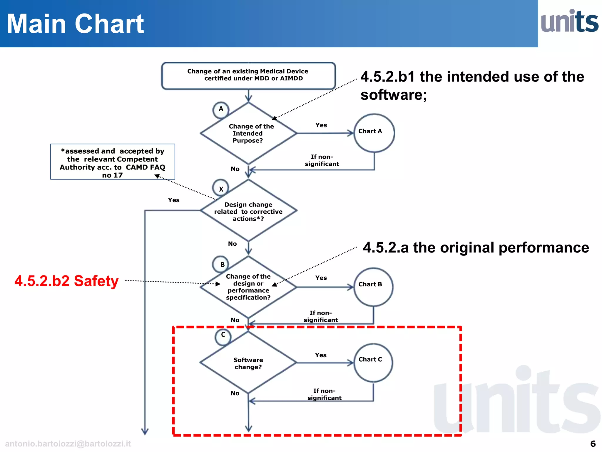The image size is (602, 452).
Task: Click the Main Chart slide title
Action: click(75, 24)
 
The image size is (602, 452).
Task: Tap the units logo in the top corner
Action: click(569, 21)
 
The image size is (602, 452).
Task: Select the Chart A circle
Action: click(374, 133)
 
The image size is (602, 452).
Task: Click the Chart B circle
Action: click(373, 287)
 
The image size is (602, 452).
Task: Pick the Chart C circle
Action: click(373, 363)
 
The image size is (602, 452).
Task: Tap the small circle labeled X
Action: click(221, 188)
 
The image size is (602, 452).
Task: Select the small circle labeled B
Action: click(221, 264)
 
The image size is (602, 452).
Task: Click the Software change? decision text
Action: click(248, 363)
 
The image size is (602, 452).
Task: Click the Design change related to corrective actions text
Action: click(248, 212)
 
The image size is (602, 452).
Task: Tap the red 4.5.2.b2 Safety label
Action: click(66, 281)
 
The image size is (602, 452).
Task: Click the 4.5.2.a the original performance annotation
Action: click(476, 247)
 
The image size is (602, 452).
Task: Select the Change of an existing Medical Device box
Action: click(248, 75)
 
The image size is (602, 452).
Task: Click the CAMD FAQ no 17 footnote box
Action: click(113, 162)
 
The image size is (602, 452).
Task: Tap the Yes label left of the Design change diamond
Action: click(173, 200)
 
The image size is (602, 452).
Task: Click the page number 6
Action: click(593, 443)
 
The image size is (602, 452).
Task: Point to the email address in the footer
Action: click(68, 444)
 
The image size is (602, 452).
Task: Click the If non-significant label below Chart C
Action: click(324, 394)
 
